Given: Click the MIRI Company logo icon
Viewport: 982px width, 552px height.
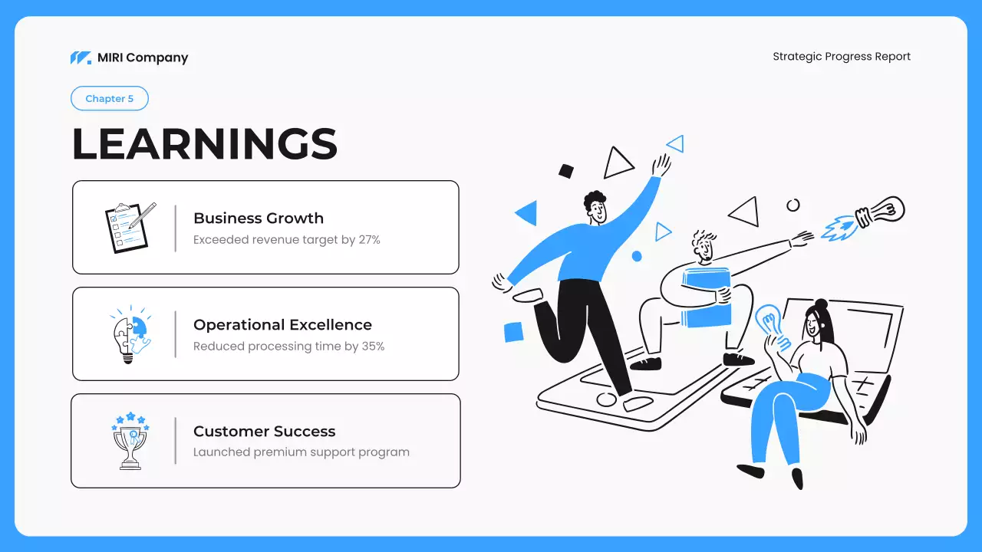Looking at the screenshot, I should (x=81, y=58).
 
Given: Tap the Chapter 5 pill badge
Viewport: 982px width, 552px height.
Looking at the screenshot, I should (x=109, y=99).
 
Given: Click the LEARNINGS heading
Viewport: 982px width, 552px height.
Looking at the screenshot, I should (x=205, y=143).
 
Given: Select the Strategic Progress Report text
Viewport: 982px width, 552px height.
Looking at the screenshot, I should (x=842, y=57).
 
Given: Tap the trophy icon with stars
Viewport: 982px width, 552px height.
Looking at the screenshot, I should (x=130, y=440).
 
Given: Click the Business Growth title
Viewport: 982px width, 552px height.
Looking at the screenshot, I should (x=259, y=219).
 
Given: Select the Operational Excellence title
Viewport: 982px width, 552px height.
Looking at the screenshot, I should (x=282, y=325).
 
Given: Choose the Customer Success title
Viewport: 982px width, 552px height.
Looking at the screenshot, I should (x=264, y=432).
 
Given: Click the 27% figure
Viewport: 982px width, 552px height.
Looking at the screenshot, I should (x=369, y=240).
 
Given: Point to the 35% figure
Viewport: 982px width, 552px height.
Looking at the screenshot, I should (x=373, y=347).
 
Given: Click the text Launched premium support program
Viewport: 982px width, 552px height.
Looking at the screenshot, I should (x=301, y=452).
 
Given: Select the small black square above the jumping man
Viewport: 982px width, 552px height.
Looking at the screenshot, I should (x=566, y=171).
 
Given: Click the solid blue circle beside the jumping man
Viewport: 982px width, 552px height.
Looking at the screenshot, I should (x=637, y=256).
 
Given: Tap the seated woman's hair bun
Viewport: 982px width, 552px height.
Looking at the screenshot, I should (x=821, y=304).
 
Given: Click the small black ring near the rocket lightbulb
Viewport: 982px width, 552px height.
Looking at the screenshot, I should (x=793, y=205).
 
